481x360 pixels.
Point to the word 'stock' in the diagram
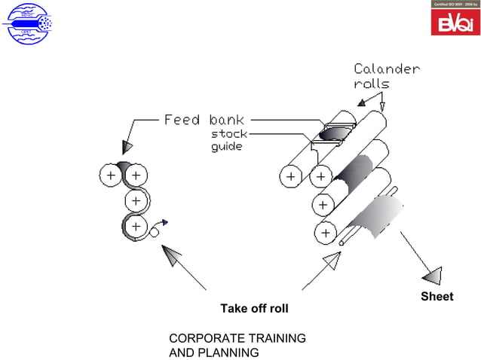228,134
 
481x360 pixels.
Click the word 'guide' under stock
226,146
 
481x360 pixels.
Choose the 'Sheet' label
437,297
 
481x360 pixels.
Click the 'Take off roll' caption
254,309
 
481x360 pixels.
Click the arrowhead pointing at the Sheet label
432,275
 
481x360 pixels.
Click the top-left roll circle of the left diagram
111,175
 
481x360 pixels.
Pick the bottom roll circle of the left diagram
136,226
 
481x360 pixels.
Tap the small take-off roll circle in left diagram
155,233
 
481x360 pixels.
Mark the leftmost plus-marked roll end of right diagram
291,177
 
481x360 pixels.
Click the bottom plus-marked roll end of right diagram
325,233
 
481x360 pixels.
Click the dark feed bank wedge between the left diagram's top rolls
124,166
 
